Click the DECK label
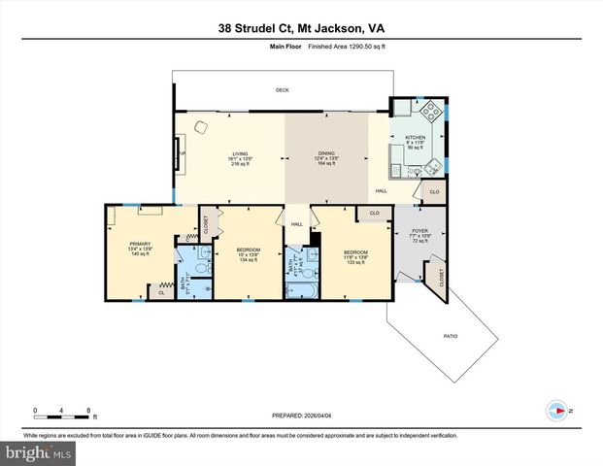click(x=282, y=89)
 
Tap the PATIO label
click(x=451, y=336)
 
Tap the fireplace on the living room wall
click(x=178, y=152)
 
